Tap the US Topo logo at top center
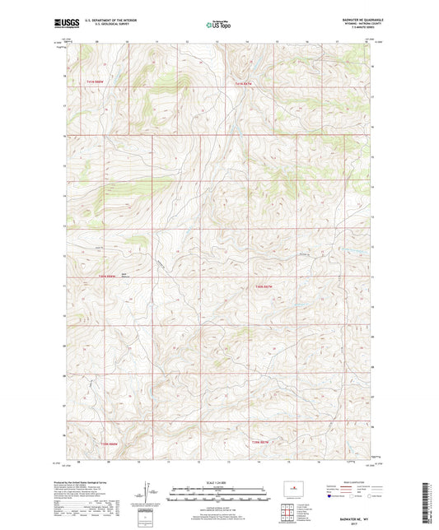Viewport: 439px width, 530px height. [x=218, y=26]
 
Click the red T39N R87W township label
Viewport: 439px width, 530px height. [x=261, y=444]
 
